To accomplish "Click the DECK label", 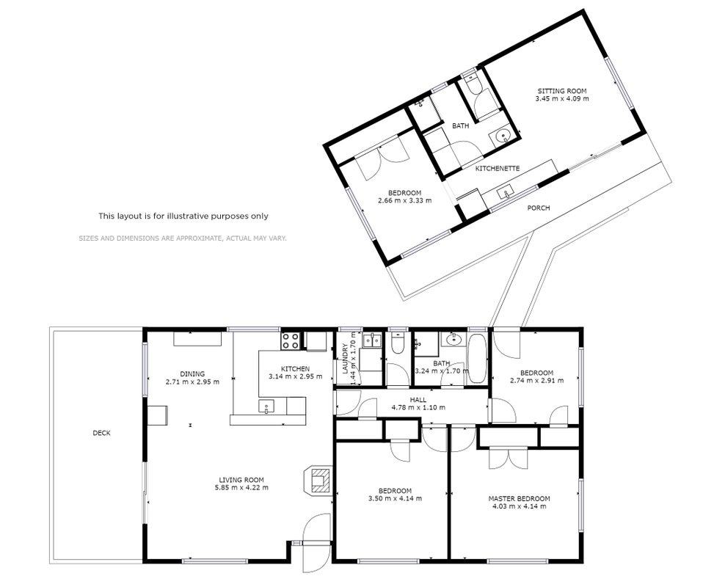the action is tap(101, 433).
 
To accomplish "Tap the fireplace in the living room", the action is tap(318, 481).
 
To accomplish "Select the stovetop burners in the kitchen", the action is tap(291, 341).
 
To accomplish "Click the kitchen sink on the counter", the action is tap(266, 406).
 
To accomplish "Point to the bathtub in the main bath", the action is tap(477, 359).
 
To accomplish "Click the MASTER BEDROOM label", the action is tap(519, 499).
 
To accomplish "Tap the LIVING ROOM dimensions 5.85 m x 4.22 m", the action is tap(241, 488).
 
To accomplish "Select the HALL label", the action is tap(418, 400).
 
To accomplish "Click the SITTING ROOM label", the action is tap(562, 91).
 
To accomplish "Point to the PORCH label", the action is tap(538, 208).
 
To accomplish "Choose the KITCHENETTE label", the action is tap(498, 169).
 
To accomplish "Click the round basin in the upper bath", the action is tap(502, 136).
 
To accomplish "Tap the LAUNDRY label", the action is tap(345, 358).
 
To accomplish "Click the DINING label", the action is tap(192, 374).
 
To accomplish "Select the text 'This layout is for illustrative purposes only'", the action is tap(183, 216).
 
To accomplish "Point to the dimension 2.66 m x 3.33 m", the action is tap(405, 200).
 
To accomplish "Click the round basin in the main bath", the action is tap(453, 339).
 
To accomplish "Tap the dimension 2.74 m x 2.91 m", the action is tap(536, 381).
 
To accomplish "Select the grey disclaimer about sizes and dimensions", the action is tap(183, 238).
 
